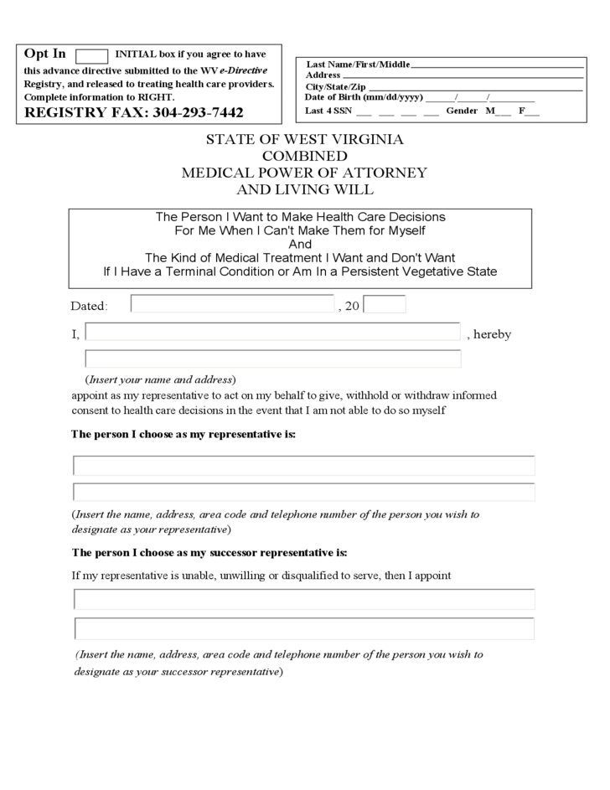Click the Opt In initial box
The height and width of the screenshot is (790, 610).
[x=91, y=56]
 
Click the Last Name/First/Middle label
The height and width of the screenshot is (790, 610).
[x=358, y=65]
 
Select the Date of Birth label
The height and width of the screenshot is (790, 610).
[x=364, y=97]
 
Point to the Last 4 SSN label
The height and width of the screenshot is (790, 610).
[x=328, y=111]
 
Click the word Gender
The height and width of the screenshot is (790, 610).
[x=462, y=111]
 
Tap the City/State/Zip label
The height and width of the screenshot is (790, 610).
[x=335, y=86]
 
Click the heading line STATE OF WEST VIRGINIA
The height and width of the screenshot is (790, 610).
[x=304, y=139]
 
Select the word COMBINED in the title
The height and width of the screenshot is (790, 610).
[x=304, y=156]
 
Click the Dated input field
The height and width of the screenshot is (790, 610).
[x=232, y=304]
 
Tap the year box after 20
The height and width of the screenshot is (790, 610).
[x=385, y=304]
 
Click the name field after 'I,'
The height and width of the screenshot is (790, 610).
[x=273, y=333]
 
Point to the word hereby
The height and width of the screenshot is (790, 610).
[x=492, y=334]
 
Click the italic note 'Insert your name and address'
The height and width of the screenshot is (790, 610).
[x=162, y=379]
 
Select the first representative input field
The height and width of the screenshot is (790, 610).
[x=304, y=466]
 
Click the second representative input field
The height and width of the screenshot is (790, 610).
[x=304, y=492]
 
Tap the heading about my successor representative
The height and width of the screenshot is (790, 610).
[x=209, y=553]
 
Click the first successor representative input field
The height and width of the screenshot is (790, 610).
[x=304, y=599]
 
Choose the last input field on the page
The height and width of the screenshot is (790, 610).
[x=304, y=628]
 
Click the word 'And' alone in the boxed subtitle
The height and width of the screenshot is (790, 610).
[x=299, y=244]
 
